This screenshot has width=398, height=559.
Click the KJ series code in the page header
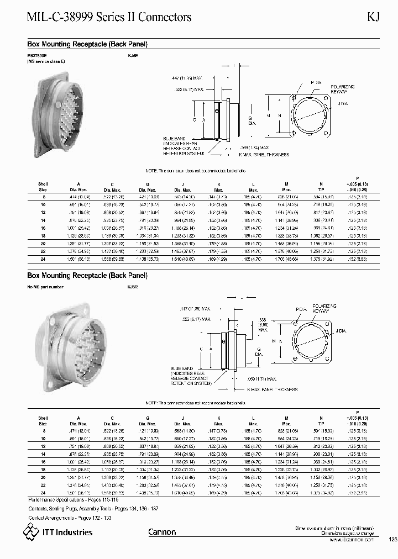374,17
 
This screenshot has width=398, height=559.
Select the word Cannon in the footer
162,532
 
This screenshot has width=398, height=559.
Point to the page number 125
393,540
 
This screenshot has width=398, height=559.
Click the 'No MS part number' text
45,287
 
